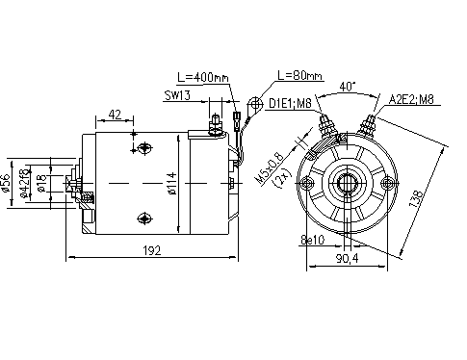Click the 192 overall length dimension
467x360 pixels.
click(150, 250)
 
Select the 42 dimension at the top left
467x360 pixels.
click(116, 115)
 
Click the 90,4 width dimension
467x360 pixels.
click(348, 258)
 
